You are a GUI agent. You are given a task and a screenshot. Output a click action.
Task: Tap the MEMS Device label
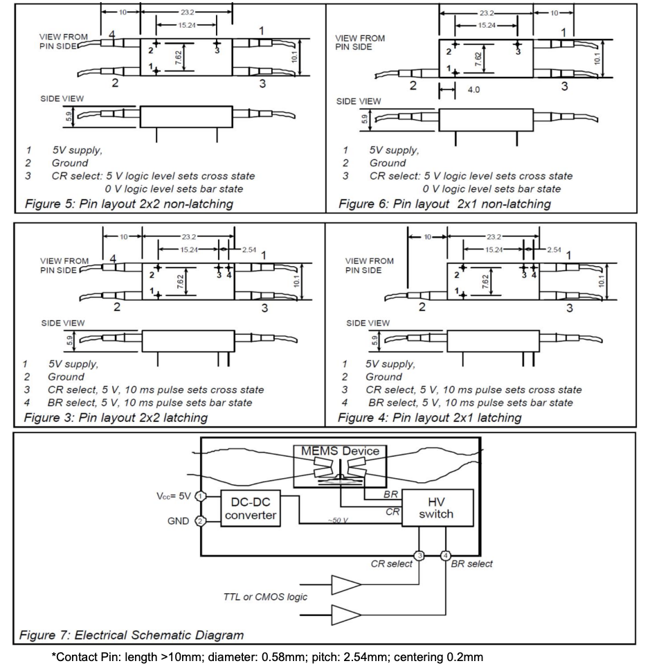(x=340, y=450)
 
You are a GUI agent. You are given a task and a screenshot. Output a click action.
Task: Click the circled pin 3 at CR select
(x=419, y=555)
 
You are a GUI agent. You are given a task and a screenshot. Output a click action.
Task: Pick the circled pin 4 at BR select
(x=446, y=555)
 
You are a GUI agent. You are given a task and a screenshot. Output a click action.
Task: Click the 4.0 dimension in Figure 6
(x=473, y=90)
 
